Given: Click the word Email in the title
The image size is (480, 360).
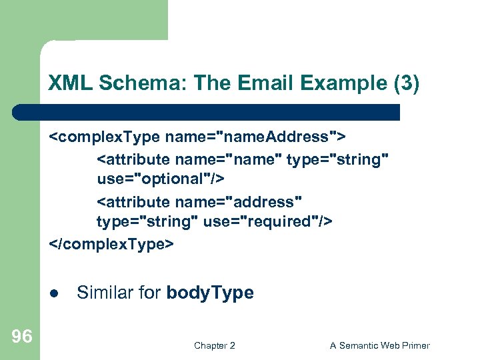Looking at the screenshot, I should pyautogui.click(x=259, y=83).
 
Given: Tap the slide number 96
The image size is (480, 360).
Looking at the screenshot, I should pyautogui.click(x=21, y=337).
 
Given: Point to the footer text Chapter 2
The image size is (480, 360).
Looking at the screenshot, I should pyautogui.click(x=214, y=345).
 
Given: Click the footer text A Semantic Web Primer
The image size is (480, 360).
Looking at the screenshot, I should pyautogui.click(x=379, y=345).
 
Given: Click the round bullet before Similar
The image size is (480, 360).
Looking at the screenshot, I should pyautogui.click(x=54, y=293).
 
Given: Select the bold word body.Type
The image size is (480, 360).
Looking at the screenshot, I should pyautogui.click(x=210, y=293).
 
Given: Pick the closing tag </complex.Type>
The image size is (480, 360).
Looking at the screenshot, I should pyautogui.click(x=111, y=245).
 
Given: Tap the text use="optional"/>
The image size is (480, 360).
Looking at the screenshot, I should pyautogui.click(x=160, y=179).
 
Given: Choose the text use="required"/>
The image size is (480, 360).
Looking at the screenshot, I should pyautogui.click(x=267, y=221).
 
